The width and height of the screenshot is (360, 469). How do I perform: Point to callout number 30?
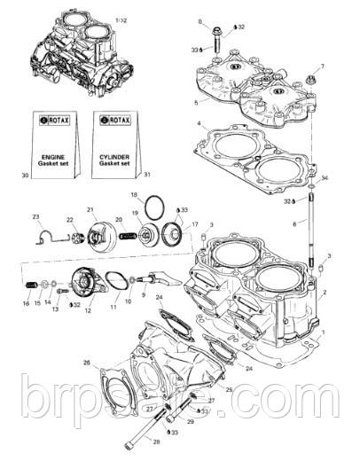point(27,176)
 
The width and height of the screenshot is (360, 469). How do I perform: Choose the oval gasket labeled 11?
point(114,282)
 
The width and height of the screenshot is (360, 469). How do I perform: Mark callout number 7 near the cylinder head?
point(322,66)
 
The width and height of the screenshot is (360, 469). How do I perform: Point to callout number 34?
point(325,179)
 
